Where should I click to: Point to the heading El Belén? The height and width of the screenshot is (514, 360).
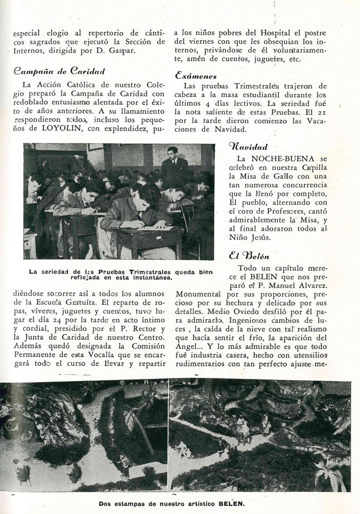(x=249, y=255)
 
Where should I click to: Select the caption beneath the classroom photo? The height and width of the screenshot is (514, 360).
(x=120, y=274)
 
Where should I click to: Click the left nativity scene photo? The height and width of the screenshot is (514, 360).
(x=83, y=436)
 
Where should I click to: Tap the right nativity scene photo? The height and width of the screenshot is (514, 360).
(x=260, y=436)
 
